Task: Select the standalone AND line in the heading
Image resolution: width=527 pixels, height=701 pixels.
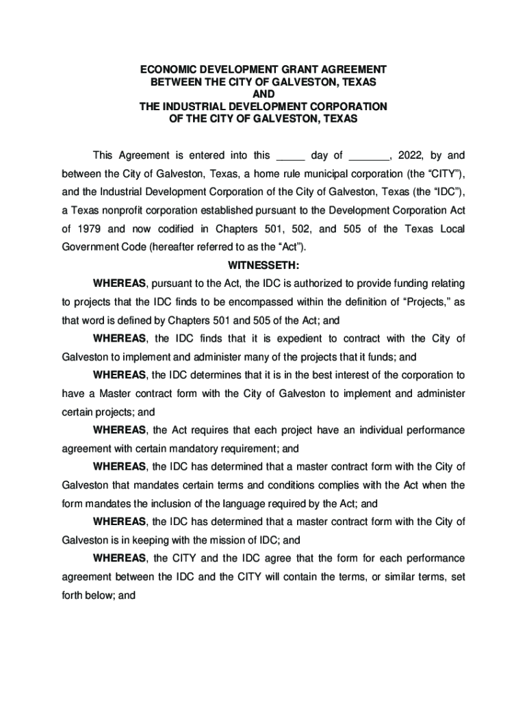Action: click(x=263, y=94)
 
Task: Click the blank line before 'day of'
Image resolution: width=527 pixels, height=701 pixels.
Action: click(x=291, y=156)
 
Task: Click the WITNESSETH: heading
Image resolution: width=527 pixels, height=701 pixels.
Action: click(x=263, y=265)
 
